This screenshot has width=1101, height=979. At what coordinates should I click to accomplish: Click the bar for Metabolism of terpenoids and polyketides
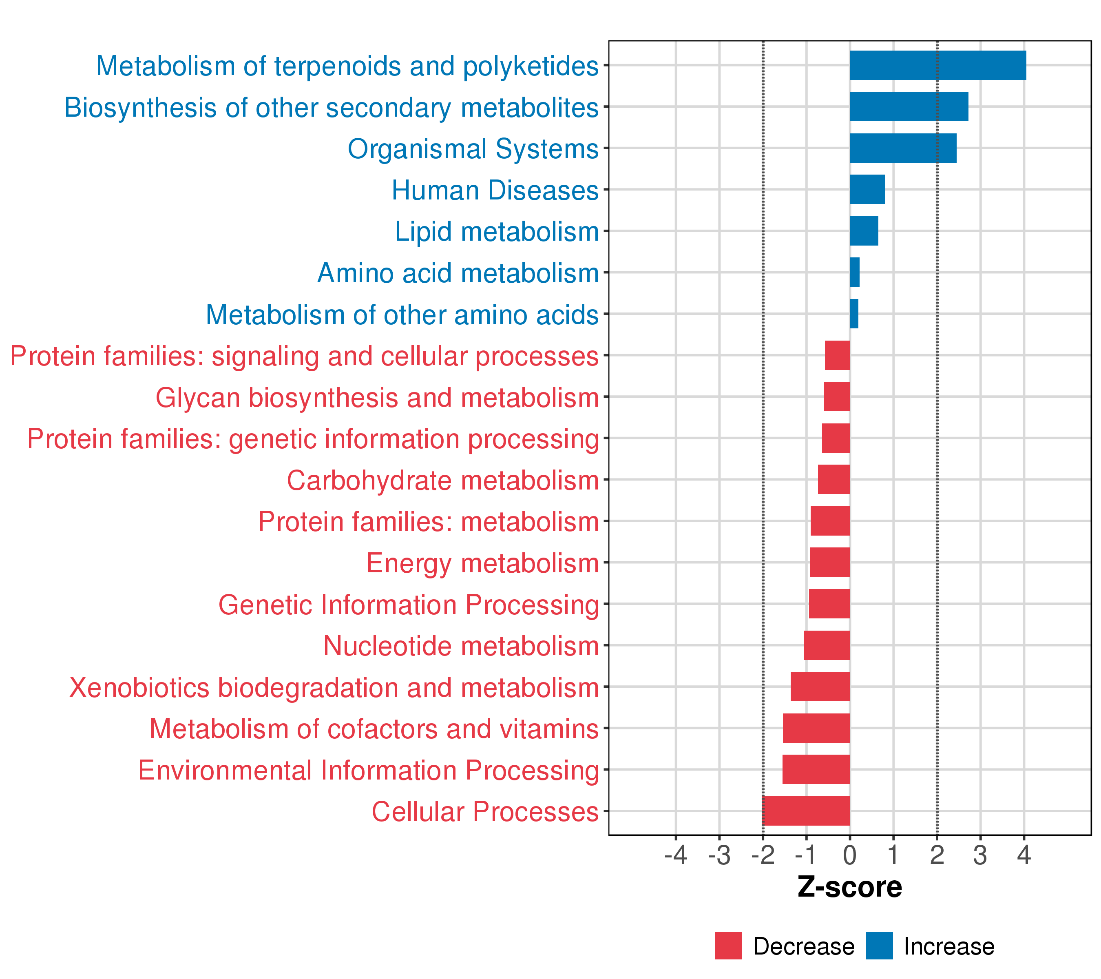point(937,65)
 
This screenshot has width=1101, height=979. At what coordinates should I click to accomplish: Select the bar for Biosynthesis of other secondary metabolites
point(908,107)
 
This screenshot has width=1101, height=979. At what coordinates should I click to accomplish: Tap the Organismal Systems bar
point(902,148)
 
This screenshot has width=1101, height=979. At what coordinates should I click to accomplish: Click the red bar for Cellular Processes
point(806,811)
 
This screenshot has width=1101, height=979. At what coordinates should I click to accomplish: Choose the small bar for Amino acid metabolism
point(854,272)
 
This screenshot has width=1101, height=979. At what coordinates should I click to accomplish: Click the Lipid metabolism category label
point(497,232)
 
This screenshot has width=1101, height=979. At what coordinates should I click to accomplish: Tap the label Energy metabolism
point(483,563)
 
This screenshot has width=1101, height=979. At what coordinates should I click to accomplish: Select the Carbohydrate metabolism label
point(443,480)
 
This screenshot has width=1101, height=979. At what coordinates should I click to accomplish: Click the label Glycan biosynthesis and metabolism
point(377,398)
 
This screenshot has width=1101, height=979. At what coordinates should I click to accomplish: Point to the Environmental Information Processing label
point(369,770)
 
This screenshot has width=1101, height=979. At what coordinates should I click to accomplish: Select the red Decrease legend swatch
point(728,946)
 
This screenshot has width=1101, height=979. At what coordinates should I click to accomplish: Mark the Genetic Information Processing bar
point(829,603)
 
